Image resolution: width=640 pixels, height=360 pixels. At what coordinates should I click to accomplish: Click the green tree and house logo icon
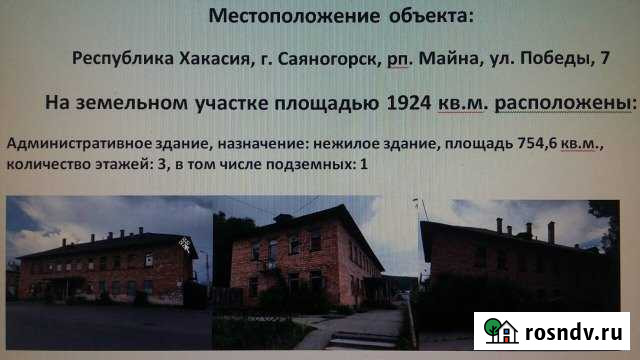pyautogui.click(x=498, y=330)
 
